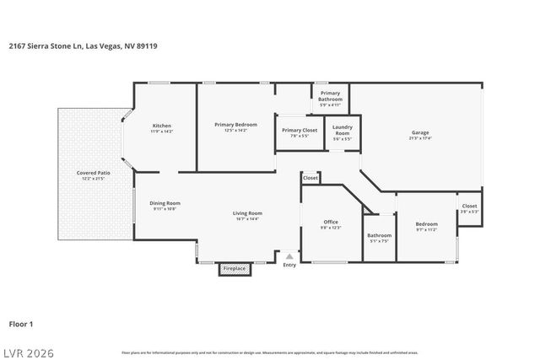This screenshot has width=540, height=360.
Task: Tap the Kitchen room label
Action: (x=161, y=126)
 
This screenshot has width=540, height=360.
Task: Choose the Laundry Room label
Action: (x=342, y=132)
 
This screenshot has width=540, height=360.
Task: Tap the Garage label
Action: (x=420, y=133)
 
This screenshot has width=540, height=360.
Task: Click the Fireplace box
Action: (x=234, y=269)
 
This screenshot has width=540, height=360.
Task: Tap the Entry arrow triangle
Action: (x=289, y=255)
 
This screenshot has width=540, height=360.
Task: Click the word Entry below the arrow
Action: (x=289, y=265)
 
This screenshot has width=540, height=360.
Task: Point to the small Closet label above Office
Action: (x=310, y=178)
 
